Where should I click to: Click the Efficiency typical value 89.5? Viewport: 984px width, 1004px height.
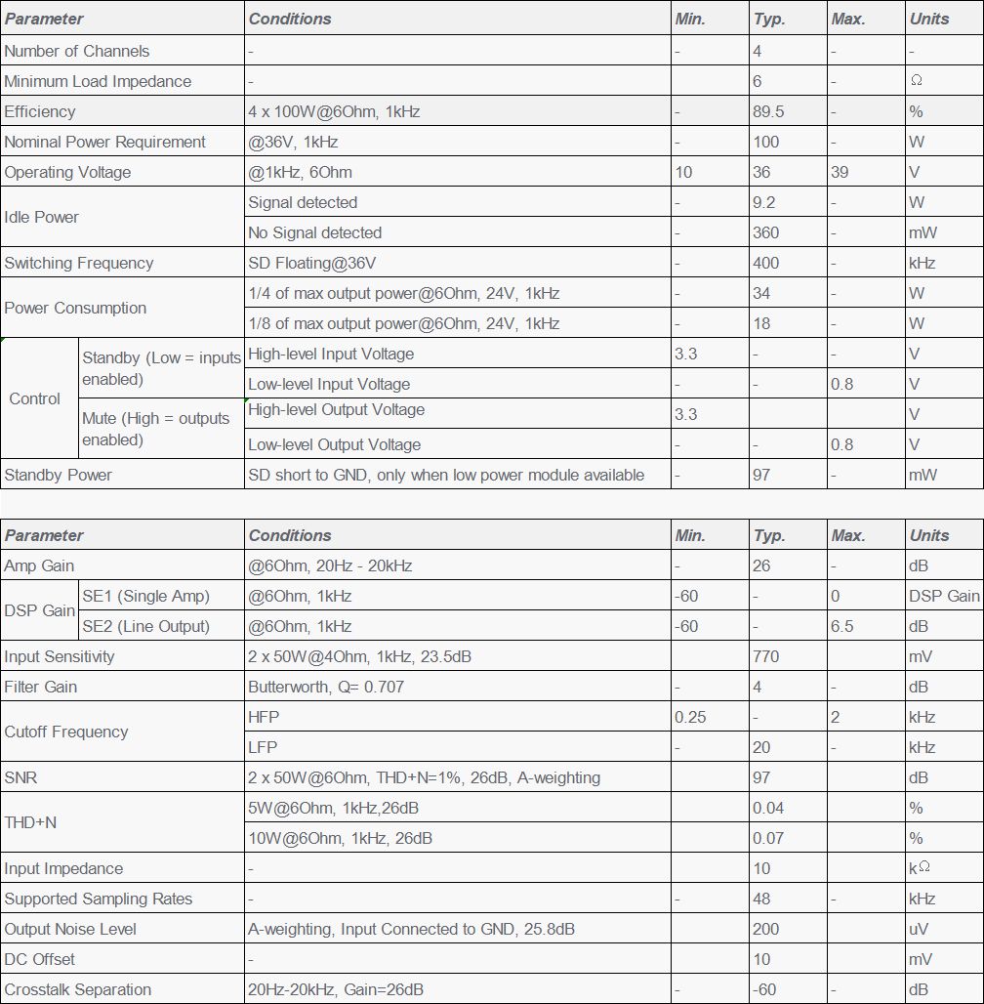[768, 111]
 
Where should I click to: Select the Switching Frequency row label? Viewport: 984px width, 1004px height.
[79, 263]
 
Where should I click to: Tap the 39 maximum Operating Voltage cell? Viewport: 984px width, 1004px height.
[840, 172]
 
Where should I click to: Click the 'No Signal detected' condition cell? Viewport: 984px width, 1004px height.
[314, 232]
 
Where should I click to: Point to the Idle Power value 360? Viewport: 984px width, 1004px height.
[766, 232]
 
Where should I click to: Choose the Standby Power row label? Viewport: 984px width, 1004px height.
[59, 475]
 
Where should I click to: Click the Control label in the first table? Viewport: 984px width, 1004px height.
[35, 398]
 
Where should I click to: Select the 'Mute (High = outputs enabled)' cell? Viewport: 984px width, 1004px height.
[156, 429]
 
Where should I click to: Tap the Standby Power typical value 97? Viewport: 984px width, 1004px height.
[761, 475]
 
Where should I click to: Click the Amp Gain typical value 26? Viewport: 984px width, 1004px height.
[761, 565]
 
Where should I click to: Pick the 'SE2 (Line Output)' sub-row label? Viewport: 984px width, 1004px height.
[146, 626]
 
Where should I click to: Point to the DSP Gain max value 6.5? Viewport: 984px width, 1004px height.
[841, 626]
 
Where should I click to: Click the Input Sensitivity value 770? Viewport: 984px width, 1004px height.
[766, 656]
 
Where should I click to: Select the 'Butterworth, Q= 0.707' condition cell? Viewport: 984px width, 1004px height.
[326, 687]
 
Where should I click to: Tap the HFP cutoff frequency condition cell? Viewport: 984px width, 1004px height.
[264, 717]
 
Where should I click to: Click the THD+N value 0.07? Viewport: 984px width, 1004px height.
[769, 838]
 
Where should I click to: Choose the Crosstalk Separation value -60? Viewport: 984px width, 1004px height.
[763, 989]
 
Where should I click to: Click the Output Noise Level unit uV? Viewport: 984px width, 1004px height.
[919, 929]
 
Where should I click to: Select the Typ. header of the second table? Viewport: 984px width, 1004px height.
[769, 535]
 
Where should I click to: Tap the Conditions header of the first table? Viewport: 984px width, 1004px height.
[290, 19]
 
